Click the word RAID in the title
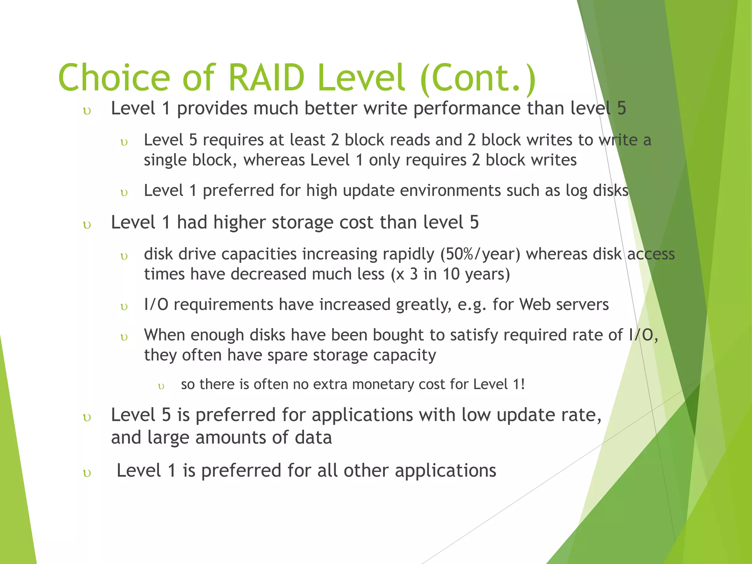click(266, 78)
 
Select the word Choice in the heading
click(114, 78)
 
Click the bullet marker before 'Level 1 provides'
click(87, 111)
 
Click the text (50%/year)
click(480, 254)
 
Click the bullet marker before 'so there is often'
click(161, 386)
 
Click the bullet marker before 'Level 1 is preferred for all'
click(87, 473)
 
